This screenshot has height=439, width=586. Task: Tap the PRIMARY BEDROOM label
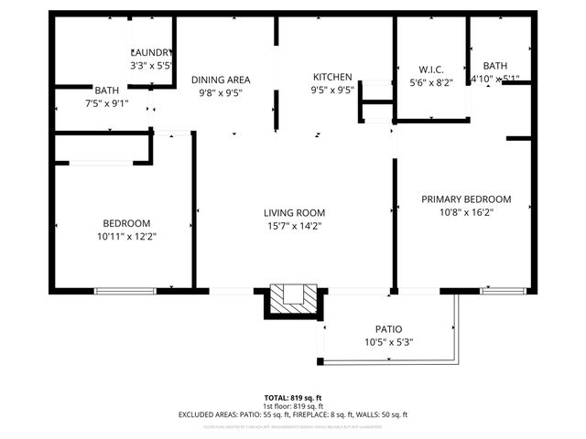coord(466,198)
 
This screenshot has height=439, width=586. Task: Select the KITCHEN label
coord(331,77)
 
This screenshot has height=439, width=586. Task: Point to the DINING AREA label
coord(221,80)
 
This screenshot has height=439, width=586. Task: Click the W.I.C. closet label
coord(431,69)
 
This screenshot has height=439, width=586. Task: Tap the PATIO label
coord(388,329)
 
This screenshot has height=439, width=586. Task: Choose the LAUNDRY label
coord(152,53)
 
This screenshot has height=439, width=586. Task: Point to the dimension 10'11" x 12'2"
coord(126,236)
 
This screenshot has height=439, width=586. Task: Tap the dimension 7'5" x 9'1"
coord(106,102)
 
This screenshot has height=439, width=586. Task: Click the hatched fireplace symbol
coord(294,295)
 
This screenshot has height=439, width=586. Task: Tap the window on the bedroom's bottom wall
coord(119,292)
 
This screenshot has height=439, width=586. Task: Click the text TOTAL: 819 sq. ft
coord(293,398)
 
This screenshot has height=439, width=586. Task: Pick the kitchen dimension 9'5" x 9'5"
coord(331,91)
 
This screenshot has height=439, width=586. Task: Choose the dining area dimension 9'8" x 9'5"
coord(221,92)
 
